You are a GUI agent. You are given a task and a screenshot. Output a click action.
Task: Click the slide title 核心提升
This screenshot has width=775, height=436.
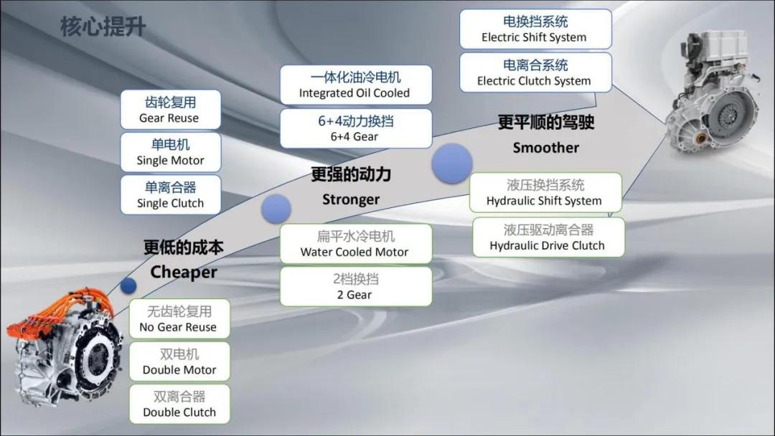(103, 26)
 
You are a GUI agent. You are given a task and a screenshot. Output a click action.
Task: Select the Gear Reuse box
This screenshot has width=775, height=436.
(171, 110)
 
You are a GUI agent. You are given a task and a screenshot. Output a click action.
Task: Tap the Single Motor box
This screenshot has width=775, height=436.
(171, 152)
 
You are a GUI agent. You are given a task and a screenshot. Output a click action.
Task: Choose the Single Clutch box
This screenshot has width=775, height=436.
(171, 194)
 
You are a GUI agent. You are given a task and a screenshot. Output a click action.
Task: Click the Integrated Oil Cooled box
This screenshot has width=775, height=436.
(356, 85)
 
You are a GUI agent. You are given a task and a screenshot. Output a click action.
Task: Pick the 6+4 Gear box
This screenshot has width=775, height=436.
(356, 128)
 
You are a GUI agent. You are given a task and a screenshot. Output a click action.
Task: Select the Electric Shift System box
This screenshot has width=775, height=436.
(535, 29)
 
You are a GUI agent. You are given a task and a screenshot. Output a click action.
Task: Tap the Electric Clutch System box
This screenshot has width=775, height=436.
(535, 72)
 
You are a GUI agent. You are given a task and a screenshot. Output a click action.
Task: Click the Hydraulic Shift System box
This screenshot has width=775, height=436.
(545, 193)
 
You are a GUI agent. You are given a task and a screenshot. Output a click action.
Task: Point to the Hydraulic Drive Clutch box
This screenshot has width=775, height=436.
(549, 237)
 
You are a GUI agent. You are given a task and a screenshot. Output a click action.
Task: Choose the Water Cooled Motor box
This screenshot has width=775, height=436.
(356, 243)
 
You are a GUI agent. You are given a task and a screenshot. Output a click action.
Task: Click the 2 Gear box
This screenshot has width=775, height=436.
(356, 286)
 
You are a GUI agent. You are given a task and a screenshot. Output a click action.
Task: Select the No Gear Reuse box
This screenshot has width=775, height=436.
(179, 318)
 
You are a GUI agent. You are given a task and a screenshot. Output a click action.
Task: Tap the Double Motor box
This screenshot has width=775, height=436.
(179, 361)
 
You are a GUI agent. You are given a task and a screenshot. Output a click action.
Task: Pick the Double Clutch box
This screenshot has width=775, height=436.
(179, 404)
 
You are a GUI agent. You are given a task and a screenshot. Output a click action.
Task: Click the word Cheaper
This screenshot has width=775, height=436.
(184, 272)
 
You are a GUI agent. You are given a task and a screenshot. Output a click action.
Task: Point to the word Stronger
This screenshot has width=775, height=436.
(351, 199)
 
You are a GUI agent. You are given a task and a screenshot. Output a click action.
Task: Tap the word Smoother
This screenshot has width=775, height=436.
(545, 148)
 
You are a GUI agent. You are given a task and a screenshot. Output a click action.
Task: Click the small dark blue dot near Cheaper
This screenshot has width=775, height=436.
(128, 285)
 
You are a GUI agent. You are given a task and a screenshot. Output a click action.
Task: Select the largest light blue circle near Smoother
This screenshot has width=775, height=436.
(452, 163)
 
